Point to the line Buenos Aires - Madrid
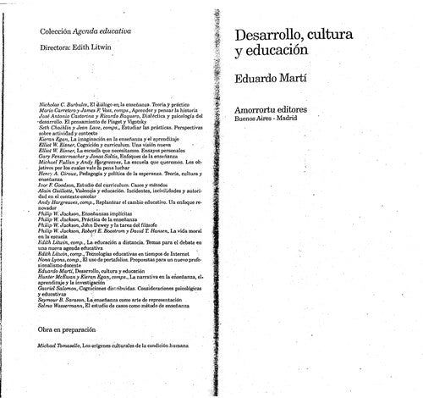pos(270,119)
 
